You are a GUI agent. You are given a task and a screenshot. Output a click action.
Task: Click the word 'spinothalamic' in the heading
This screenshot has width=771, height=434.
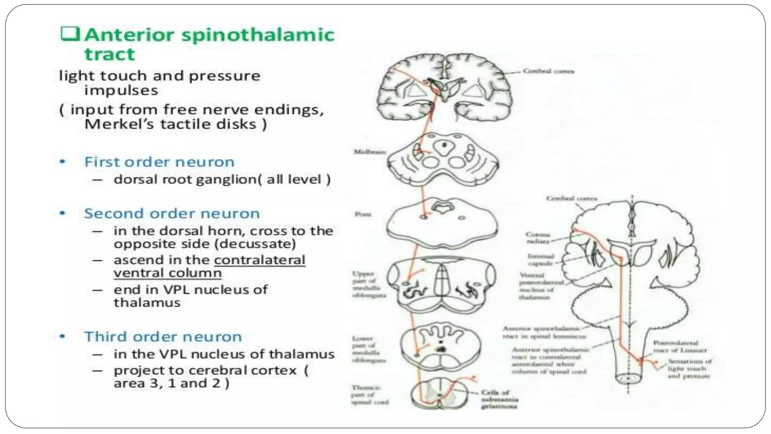tap(258, 35)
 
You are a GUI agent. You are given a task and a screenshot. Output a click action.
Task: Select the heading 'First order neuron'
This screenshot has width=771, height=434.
tap(159, 162)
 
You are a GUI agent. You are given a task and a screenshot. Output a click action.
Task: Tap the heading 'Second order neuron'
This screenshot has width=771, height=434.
tap(172, 214)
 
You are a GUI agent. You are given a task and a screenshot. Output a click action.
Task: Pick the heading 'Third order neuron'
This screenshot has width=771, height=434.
tap(163, 337)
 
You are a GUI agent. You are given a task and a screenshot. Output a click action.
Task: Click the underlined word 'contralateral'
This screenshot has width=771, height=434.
tap(259, 260)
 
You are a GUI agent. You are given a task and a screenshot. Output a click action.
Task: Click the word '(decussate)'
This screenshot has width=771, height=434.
tap(255, 244)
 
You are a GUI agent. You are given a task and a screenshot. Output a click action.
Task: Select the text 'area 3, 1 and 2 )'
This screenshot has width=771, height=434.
tap(171, 383)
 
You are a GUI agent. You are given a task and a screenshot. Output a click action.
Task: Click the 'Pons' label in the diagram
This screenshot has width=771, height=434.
tap(363, 214)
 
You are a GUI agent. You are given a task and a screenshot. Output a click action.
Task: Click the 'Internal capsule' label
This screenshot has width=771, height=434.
tap(540, 260)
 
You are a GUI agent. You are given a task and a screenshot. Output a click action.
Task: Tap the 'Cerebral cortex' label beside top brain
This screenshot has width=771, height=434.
tap(549, 71)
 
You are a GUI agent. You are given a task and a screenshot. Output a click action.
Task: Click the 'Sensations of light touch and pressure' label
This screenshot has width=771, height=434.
tap(689, 368)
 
